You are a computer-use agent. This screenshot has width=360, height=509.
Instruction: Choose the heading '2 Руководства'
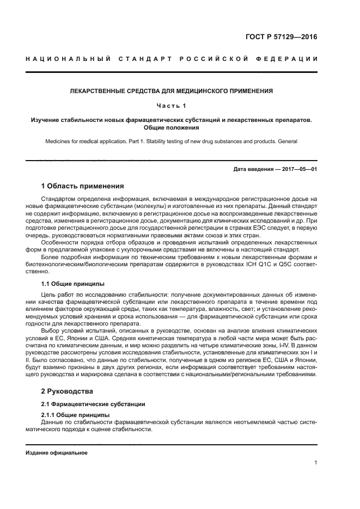pos(68,391)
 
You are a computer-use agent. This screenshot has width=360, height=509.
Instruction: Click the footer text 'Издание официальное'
pos(57,453)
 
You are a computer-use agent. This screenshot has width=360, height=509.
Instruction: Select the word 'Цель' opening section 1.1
pos(50,295)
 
